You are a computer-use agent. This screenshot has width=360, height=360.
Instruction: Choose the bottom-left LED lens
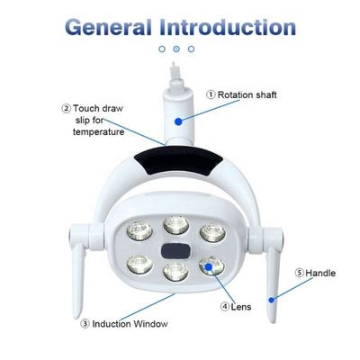click(x=139, y=264)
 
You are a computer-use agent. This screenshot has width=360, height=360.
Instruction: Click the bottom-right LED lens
click(x=211, y=265)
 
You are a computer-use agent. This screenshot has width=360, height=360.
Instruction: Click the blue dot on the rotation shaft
click(x=179, y=120)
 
